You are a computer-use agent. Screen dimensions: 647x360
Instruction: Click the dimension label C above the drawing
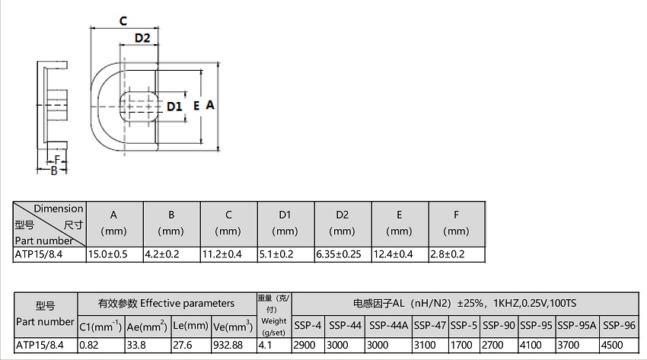click(123, 21)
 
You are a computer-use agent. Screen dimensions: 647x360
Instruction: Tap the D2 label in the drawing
click(142, 38)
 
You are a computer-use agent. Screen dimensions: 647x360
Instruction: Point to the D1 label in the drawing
click(174, 107)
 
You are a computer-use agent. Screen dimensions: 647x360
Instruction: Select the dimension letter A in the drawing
click(210, 105)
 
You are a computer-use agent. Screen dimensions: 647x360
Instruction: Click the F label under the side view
click(57, 160)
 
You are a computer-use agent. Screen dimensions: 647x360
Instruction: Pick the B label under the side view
click(53, 170)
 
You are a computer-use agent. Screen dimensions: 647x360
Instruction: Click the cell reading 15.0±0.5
click(107, 254)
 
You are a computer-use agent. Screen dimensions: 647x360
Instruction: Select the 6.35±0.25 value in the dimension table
click(339, 254)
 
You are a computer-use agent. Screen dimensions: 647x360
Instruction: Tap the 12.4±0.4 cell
click(393, 254)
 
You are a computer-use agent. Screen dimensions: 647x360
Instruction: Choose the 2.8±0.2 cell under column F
click(448, 254)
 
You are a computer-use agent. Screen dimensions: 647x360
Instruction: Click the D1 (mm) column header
click(285, 223)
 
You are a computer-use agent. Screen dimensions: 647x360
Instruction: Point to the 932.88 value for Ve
click(228, 345)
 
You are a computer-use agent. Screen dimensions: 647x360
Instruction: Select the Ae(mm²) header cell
click(147, 327)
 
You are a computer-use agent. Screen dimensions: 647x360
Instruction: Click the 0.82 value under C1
click(89, 345)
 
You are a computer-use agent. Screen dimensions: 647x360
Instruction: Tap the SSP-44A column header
click(389, 326)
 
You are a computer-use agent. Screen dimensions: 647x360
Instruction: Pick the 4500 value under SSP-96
click(612, 345)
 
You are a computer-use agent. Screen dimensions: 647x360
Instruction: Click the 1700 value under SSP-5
click(461, 345)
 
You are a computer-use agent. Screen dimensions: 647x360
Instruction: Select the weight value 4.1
click(265, 345)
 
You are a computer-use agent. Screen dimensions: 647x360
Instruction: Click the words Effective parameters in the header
click(187, 304)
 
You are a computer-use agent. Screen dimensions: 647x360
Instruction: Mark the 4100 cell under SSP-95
click(531, 345)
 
